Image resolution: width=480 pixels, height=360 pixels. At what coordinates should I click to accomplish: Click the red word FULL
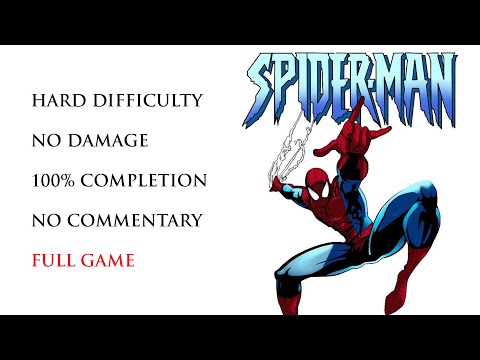click(53, 261)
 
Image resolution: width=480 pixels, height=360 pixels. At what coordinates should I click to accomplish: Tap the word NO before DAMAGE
click(45, 141)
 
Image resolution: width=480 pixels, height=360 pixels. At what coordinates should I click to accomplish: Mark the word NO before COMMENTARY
click(45, 220)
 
